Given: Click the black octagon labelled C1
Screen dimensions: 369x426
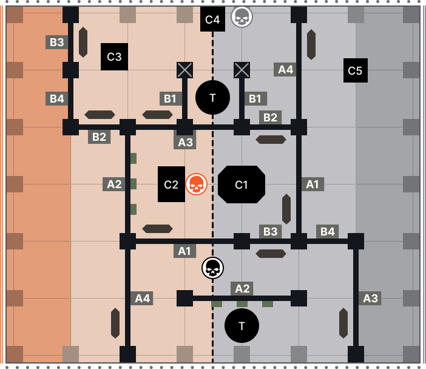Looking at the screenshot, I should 242,184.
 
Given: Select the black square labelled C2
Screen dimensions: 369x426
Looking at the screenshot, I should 171,184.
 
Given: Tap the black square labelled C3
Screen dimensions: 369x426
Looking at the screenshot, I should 114,57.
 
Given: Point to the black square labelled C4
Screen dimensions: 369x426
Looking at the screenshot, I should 212,19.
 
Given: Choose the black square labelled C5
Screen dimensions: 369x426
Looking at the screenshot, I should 355,70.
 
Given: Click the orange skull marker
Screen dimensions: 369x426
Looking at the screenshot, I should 196,184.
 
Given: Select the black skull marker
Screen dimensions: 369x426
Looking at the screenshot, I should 212,268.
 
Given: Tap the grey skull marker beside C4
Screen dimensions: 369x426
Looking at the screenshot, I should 242,16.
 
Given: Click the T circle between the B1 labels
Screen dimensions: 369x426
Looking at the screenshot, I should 212,97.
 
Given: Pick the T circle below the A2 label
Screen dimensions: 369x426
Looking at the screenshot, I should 242,326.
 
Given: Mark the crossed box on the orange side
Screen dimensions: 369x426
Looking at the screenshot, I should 184,70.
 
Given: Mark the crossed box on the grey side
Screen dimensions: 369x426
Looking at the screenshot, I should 242,70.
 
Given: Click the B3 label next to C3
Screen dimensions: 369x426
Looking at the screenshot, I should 56,42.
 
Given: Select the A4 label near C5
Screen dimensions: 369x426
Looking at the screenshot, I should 285,69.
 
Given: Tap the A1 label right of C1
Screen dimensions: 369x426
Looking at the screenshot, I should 313,184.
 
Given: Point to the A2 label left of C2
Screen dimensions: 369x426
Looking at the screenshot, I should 113,184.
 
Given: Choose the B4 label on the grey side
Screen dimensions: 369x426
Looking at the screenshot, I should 327,231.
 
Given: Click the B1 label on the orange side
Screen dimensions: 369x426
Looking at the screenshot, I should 171,98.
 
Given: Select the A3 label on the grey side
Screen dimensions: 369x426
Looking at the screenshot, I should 370,298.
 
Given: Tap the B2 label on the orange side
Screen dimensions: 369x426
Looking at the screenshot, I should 99,137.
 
